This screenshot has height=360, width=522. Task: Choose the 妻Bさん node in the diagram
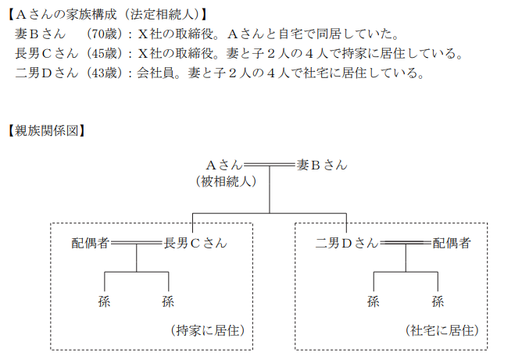point(322,166)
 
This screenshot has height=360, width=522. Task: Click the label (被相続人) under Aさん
point(227,182)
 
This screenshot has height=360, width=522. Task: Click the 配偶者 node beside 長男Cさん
point(91,243)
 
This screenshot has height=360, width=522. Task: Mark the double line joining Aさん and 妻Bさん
point(270,166)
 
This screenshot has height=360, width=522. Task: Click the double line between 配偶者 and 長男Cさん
point(137,244)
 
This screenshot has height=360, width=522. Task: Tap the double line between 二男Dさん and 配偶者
point(405,244)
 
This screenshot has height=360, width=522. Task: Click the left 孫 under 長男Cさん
point(104,301)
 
